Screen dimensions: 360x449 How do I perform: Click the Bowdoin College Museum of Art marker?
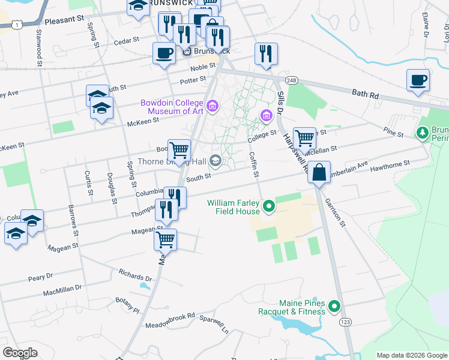(212, 107)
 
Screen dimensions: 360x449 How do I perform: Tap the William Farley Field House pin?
(270, 208)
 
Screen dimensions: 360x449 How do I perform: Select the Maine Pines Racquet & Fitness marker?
(334, 308)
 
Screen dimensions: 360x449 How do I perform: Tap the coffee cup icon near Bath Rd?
(418, 80)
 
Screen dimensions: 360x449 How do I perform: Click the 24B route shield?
(292, 80)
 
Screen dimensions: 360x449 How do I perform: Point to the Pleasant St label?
(64, 20)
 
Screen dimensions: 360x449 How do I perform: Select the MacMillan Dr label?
(62, 292)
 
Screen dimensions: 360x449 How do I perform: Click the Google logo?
(20, 353)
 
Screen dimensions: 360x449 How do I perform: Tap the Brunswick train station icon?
(186, 52)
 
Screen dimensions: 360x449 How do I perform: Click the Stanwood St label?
(39, 46)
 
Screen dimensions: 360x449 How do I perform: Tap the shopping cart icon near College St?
(305, 137)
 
